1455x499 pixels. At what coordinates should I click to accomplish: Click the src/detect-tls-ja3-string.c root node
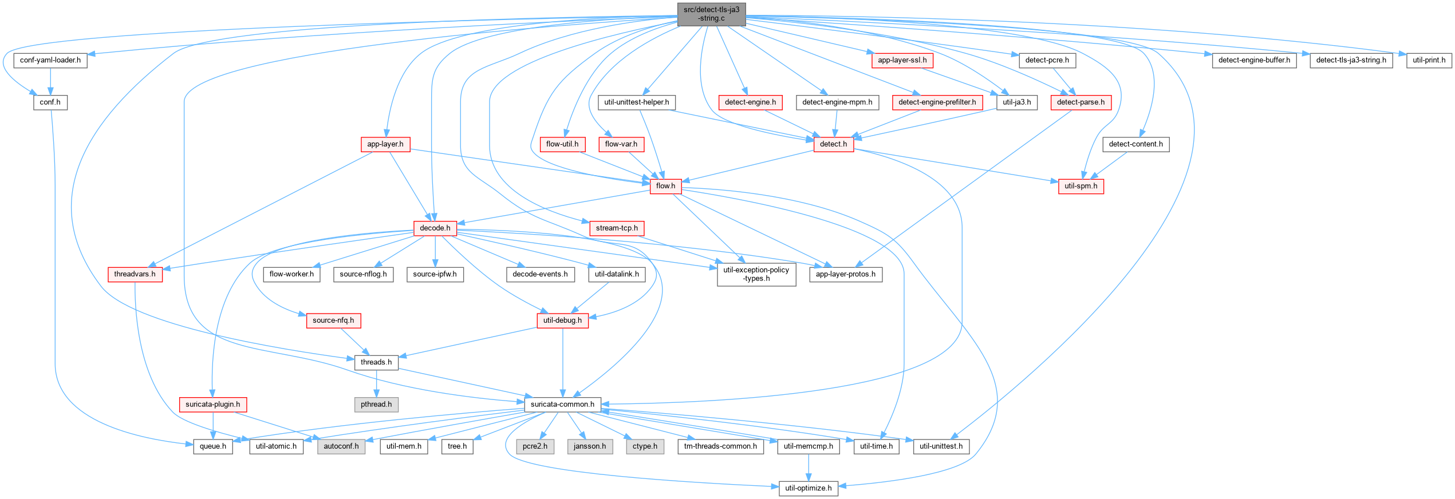coord(711,14)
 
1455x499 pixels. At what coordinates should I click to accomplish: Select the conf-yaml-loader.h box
coord(50,60)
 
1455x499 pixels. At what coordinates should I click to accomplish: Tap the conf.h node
coord(50,102)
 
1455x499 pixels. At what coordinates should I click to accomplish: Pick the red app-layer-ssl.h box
coord(902,60)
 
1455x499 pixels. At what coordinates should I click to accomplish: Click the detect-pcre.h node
coord(1047,60)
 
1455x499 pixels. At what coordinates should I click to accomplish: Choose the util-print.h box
coord(1429,60)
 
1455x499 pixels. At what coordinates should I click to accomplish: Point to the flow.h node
coord(665,186)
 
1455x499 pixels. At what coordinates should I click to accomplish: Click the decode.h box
coord(435,228)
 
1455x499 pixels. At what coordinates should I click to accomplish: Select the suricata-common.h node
coord(562,405)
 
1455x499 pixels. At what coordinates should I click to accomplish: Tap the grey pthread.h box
coord(376,405)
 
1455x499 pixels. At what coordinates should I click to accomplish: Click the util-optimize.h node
coord(808,488)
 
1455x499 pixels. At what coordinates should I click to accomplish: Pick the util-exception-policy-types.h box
coord(756,275)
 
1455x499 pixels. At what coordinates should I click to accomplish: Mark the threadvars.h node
coord(135,275)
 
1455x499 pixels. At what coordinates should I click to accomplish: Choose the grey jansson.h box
coord(590,446)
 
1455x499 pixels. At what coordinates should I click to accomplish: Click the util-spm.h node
coord(1081,186)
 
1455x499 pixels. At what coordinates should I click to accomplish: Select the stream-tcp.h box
coord(617,228)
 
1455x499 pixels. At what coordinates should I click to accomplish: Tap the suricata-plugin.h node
coord(212,405)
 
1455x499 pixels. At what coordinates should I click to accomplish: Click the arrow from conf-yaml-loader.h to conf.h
coord(50,81)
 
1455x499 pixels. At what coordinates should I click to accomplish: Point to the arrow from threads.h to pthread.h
coord(376,383)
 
